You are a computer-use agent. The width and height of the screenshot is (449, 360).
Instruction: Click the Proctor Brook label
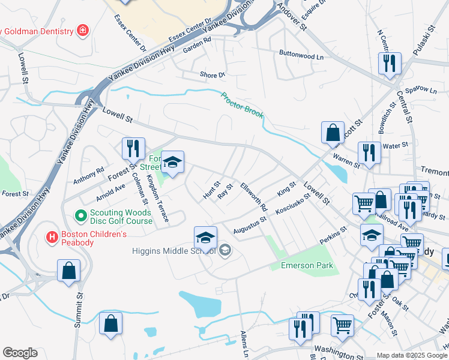coord(242,105)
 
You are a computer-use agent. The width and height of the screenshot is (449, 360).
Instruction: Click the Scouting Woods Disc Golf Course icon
coord(80,214)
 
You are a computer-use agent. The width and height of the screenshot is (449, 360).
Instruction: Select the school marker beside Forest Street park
coord(172,163)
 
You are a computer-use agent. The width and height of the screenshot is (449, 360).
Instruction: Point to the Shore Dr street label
coord(212,75)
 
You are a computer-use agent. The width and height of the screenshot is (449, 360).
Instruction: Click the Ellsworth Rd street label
coord(254,196)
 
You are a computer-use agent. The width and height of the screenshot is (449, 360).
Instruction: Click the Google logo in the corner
coord(20,353)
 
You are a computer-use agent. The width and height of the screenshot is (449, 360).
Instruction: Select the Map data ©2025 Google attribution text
coord(412,355)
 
